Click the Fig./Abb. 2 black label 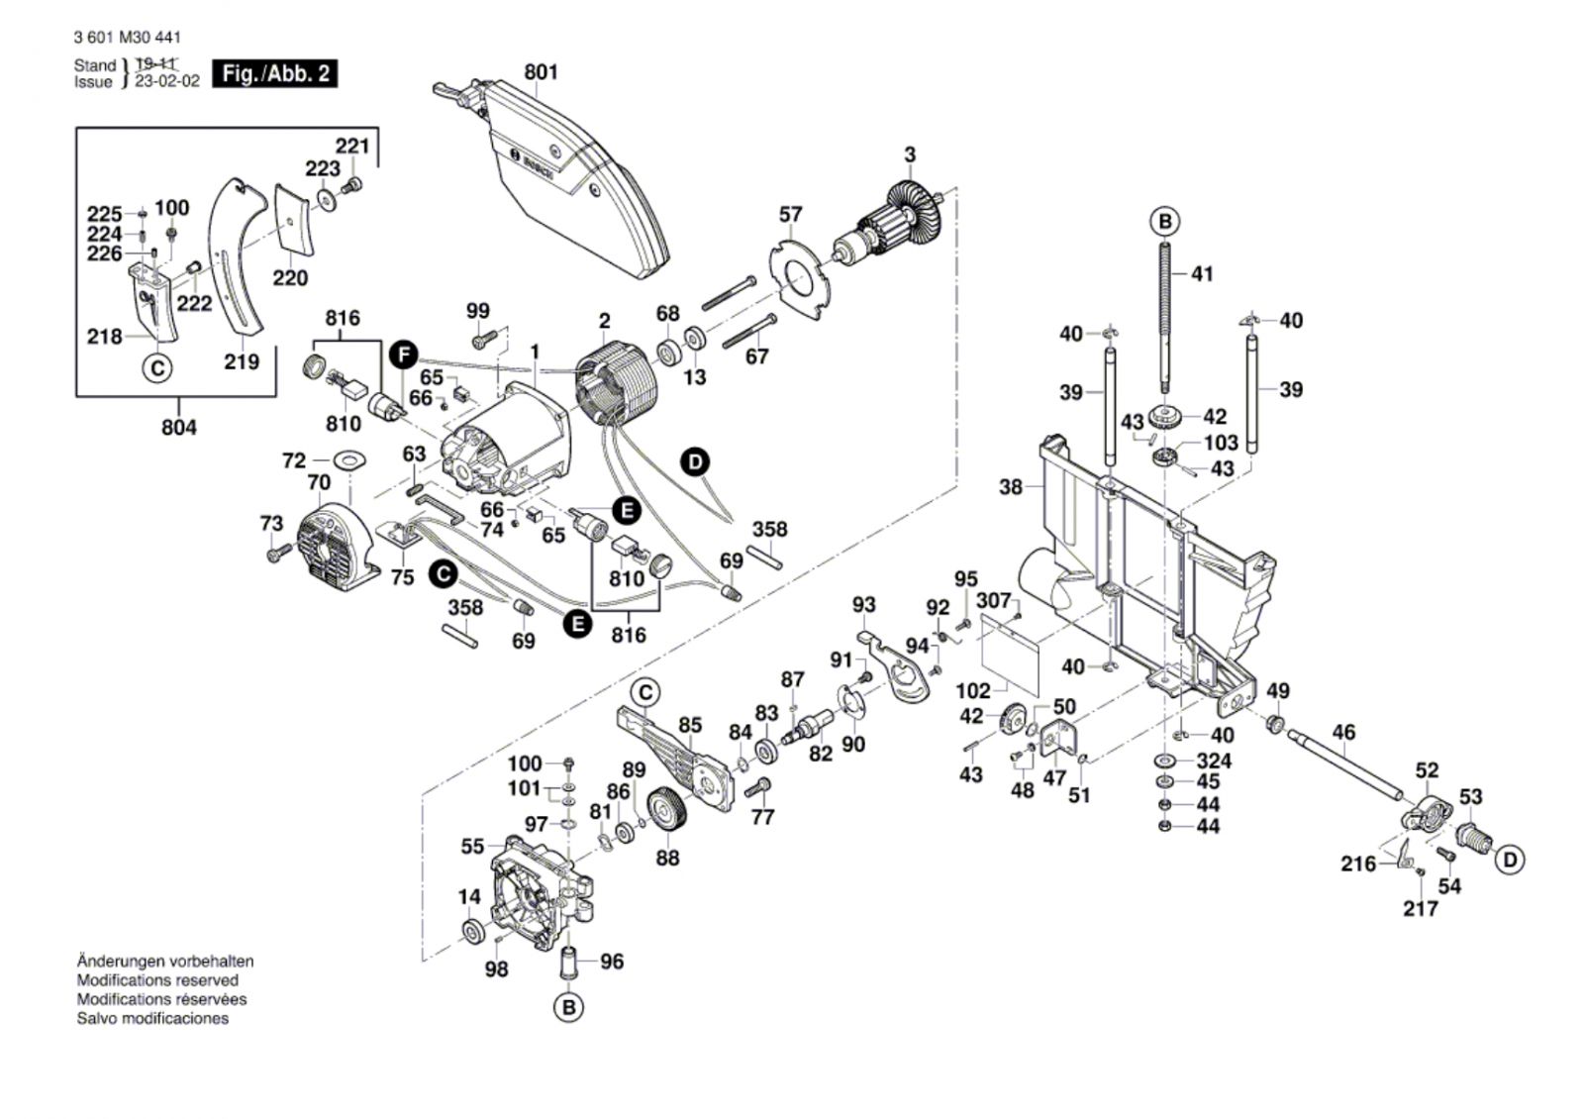pyautogui.click(x=274, y=73)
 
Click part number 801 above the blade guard pyautogui.click(x=541, y=72)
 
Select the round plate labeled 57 pyautogui.click(x=801, y=269)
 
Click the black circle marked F pyautogui.click(x=401, y=353)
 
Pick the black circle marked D pyautogui.click(x=696, y=461)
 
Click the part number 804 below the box pyautogui.click(x=179, y=427)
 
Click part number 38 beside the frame pyautogui.click(x=1010, y=486)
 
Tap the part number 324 pyautogui.click(x=1214, y=761)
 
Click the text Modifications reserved pyautogui.click(x=157, y=980)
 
